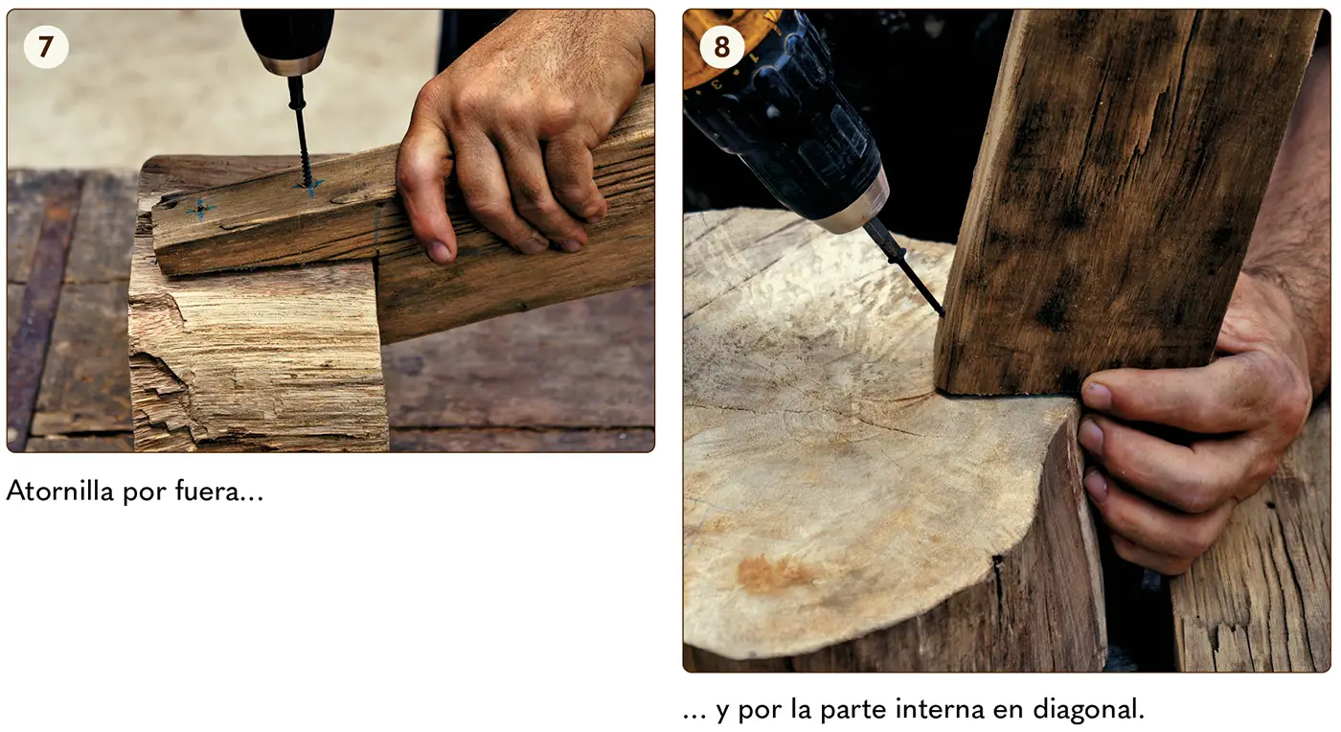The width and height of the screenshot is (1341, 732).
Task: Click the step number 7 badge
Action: pos(46,47)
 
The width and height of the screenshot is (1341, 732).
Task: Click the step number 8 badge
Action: pos(722,47)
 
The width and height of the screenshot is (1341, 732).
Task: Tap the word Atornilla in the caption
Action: pos(59,492)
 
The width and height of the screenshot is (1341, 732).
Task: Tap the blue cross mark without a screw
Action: pos(200,209)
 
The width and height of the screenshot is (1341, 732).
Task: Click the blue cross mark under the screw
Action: pos(309,187)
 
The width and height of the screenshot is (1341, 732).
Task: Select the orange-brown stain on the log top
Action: pos(772,572)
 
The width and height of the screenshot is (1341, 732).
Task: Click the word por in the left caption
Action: pos(145,493)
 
